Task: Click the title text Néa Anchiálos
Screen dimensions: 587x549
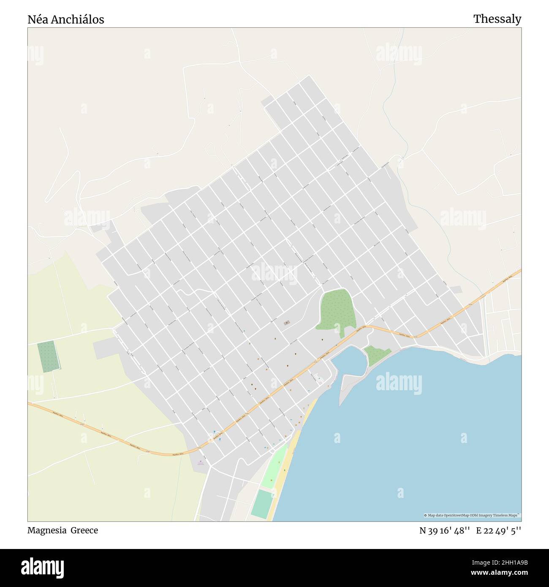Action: (66, 19)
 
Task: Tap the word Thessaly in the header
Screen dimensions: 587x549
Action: (497, 19)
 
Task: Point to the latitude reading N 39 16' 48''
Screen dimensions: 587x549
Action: (444, 531)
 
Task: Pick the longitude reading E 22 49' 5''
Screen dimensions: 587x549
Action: (498, 531)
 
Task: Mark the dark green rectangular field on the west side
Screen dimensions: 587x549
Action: (48, 356)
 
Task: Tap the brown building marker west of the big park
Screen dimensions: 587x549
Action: (287, 323)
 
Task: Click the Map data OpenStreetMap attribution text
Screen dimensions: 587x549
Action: (472, 515)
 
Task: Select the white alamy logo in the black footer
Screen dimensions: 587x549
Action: (42, 567)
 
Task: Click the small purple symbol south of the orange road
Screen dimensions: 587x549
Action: (201, 462)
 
